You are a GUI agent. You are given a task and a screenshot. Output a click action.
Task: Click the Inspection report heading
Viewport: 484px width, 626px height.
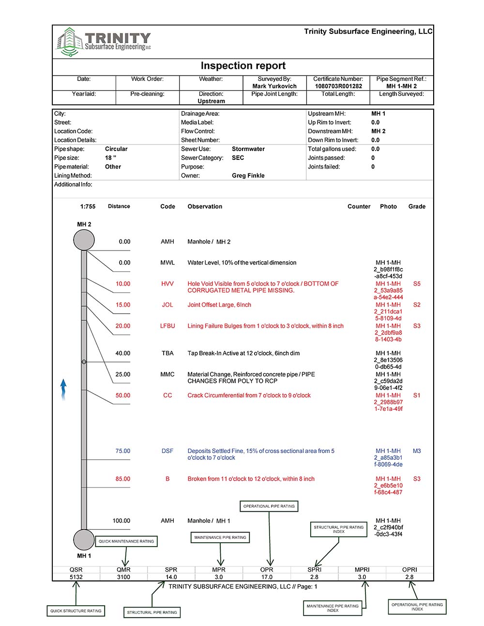(x=243, y=66)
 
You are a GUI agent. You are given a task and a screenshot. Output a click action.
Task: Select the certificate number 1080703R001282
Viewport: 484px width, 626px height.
(x=338, y=86)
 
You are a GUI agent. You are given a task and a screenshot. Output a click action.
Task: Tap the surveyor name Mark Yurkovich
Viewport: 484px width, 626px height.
(x=274, y=86)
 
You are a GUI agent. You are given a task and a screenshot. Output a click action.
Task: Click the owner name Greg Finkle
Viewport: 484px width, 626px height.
(x=248, y=175)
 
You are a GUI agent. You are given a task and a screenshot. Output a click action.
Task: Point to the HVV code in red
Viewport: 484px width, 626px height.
(x=167, y=284)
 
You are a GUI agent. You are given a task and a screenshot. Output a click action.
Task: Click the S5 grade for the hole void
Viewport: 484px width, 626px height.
(x=417, y=284)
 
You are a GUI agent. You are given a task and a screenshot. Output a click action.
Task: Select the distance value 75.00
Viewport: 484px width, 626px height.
(x=122, y=451)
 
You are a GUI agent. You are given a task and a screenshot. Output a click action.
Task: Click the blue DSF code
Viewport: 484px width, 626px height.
(x=167, y=451)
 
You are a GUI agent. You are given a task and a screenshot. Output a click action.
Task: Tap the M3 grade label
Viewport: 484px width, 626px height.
(x=417, y=451)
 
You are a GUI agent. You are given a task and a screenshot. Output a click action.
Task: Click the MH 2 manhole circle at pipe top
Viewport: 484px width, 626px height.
(x=84, y=240)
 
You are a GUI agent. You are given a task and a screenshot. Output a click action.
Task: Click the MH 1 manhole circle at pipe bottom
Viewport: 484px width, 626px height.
(x=84, y=539)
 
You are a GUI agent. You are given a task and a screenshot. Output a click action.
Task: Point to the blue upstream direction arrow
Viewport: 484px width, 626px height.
(x=63, y=390)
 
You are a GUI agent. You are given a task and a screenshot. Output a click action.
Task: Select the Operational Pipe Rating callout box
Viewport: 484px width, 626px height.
(x=269, y=506)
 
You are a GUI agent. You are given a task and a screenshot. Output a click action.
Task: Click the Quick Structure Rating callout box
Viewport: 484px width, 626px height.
(x=76, y=611)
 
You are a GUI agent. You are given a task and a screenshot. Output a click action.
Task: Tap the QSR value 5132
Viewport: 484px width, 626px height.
(x=76, y=577)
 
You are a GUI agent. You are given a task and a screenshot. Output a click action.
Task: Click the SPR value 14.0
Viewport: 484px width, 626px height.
(x=171, y=577)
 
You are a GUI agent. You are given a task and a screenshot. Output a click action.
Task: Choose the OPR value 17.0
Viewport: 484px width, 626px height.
(x=267, y=577)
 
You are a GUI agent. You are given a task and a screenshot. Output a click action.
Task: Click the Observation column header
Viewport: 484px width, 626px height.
(x=205, y=206)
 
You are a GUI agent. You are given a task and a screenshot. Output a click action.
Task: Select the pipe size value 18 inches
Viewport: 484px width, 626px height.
(x=110, y=158)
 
